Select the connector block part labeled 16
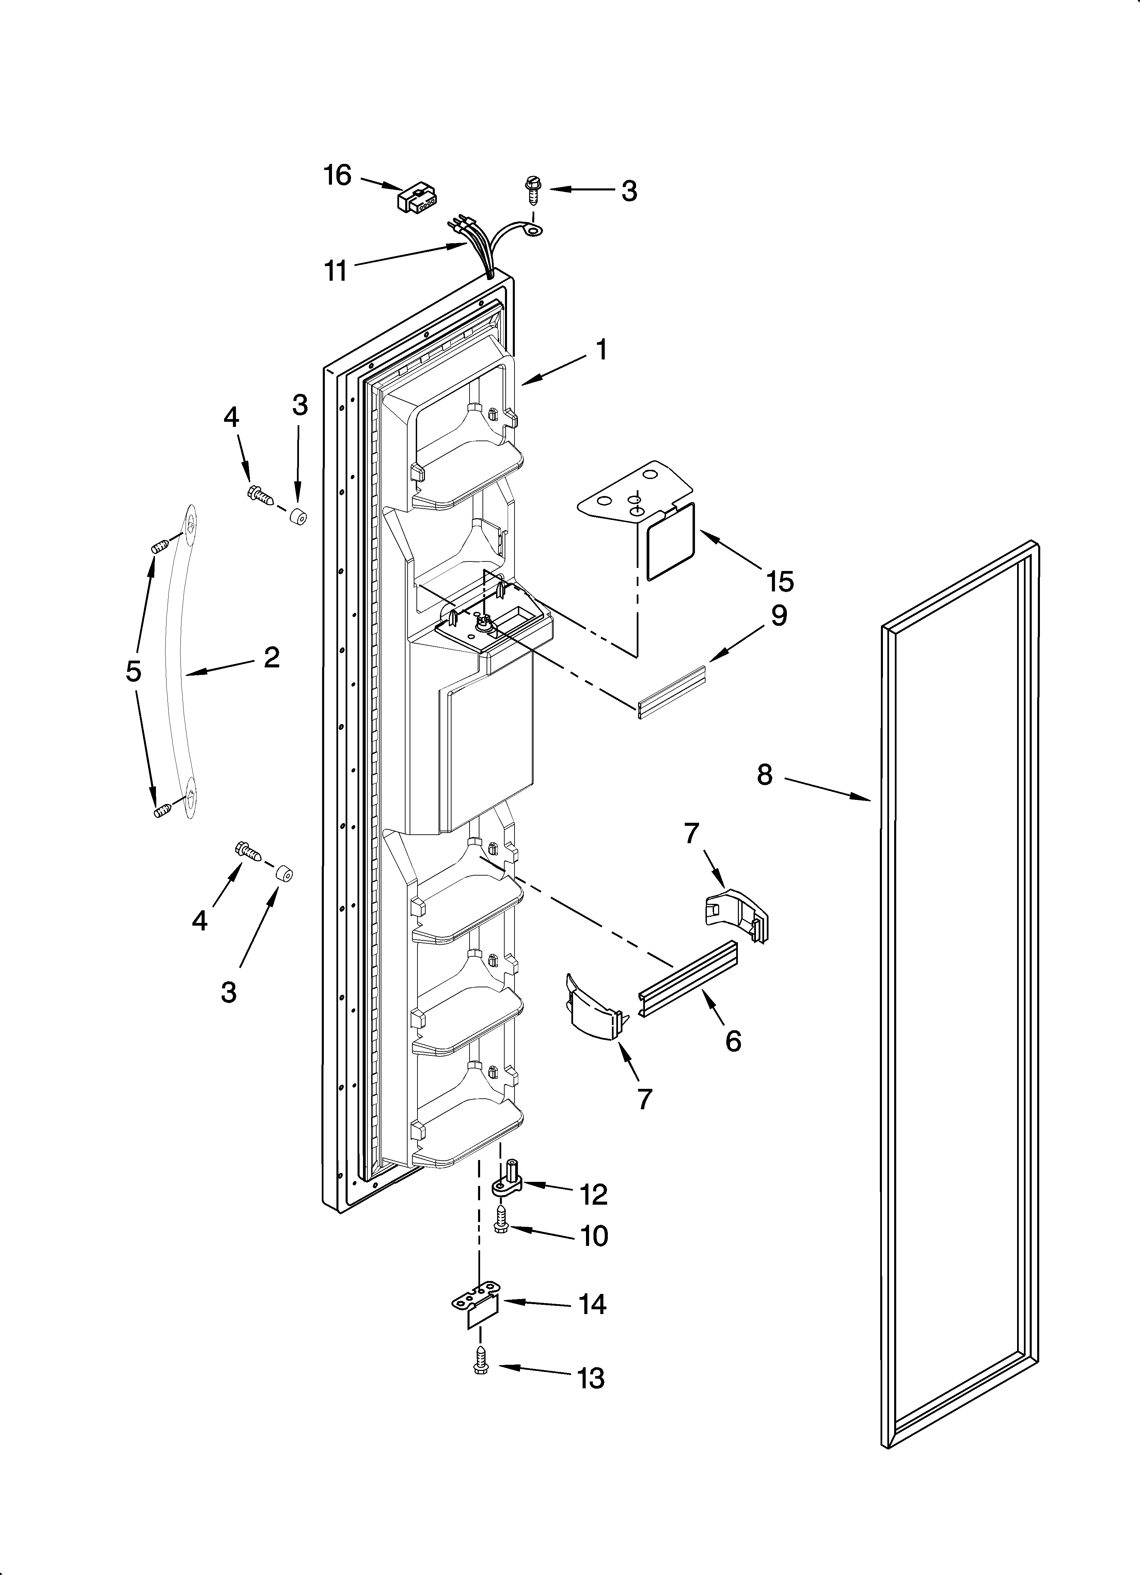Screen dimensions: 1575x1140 click(416, 199)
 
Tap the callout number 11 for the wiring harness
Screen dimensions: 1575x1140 click(336, 271)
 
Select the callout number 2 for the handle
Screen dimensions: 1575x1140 click(271, 657)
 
